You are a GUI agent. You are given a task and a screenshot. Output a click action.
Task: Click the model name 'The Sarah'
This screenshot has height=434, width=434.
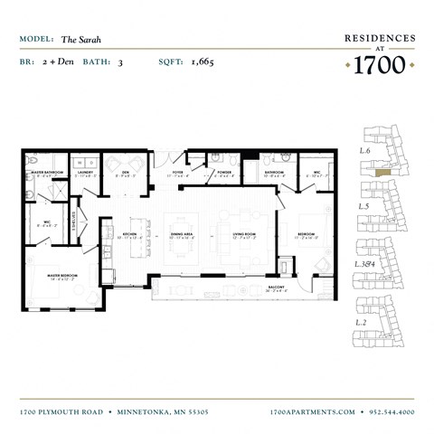point(80,39)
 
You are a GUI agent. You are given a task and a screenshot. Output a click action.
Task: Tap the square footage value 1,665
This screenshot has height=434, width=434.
point(202,62)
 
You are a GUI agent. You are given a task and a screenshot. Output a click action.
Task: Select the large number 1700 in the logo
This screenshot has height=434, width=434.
point(380,65)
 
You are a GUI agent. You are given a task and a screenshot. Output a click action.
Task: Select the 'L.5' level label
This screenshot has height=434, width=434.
point(363,206)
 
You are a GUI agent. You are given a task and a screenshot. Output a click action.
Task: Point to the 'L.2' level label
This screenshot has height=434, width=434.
point(363,322)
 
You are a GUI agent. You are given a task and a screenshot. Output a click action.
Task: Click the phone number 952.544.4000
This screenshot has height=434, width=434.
point(392,411)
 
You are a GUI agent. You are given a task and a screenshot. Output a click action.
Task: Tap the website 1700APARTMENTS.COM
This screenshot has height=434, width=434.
point(313,411)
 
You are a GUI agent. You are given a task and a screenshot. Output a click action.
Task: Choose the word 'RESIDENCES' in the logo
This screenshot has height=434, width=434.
point(380,38)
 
